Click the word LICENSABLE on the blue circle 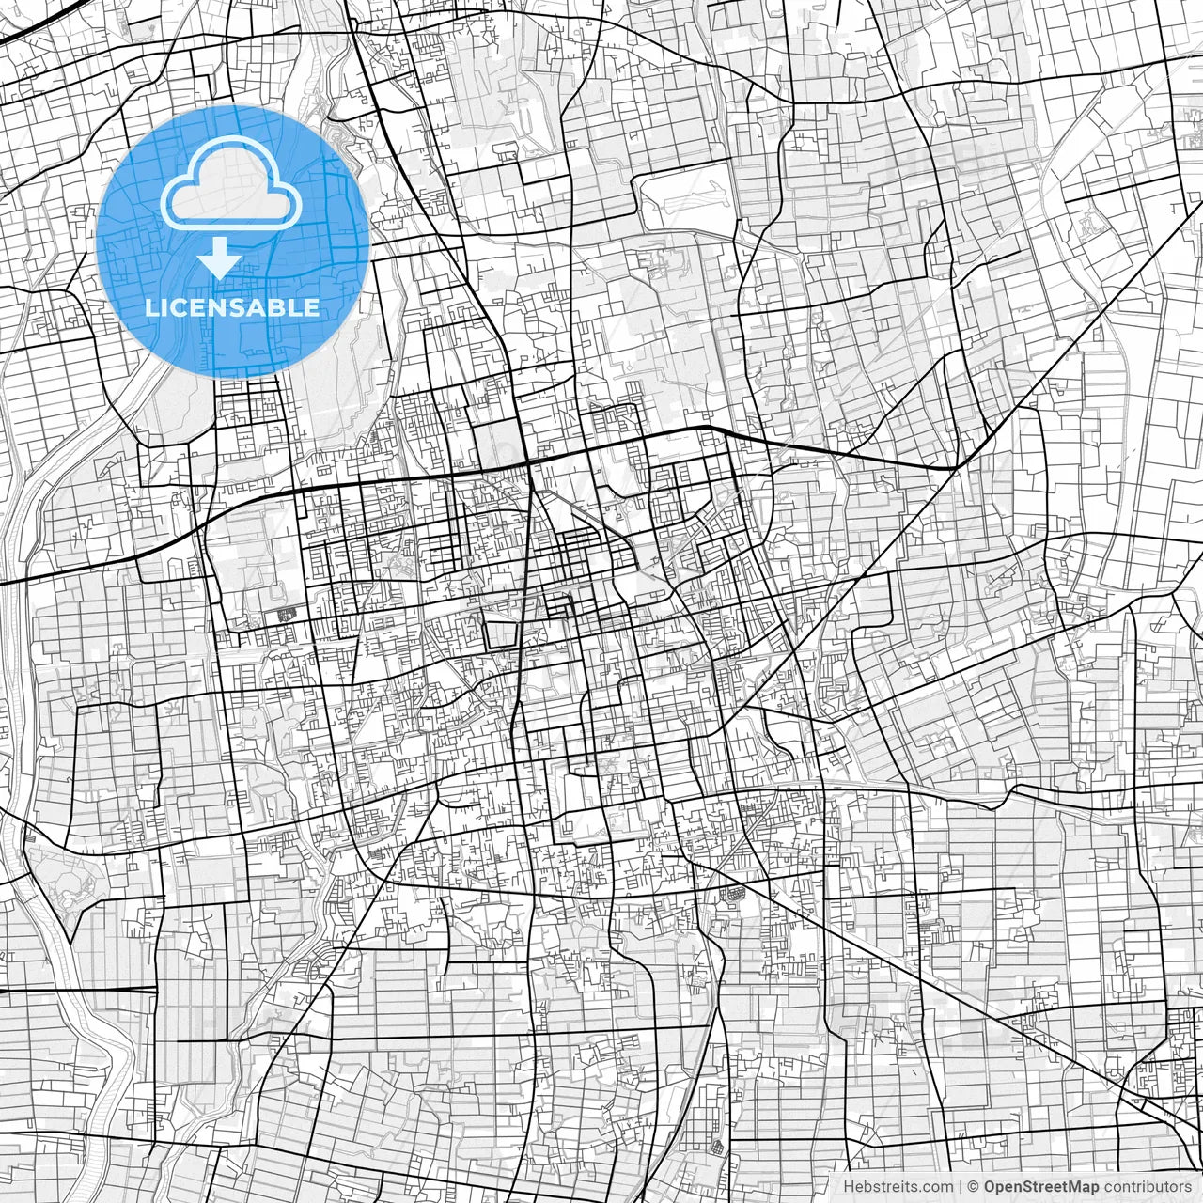232,307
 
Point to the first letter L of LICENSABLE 151,307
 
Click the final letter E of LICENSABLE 311,307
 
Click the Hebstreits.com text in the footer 898,1187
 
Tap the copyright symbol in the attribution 974,1187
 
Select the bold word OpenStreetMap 1041,1187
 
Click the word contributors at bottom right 1148,1187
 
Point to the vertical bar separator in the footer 960,1187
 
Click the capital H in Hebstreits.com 849,1187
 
